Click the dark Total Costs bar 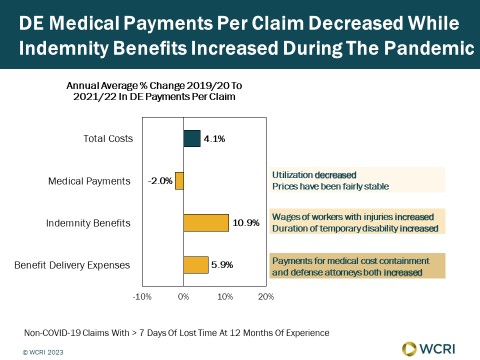click(192, 139)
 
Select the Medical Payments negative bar click(179, 181)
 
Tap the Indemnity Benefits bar click(206, 223)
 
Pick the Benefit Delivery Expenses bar click(196, 265)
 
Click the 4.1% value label click(214, 139)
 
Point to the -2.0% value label click(160, 181)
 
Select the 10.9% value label click(246, 223)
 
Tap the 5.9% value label click(222, 265)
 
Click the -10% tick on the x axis click(142, 297)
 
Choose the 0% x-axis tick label click(183, 297)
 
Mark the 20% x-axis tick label click(266, 297)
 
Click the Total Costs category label click(108, 139)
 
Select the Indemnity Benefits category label click(88, 223)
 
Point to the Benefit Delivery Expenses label click(72, 265)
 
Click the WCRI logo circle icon click(409, 349)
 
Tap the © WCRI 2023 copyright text click(43, 352)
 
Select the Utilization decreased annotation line click(314, 175)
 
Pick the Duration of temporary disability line click(355, 229)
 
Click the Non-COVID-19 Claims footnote click(177, 333)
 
